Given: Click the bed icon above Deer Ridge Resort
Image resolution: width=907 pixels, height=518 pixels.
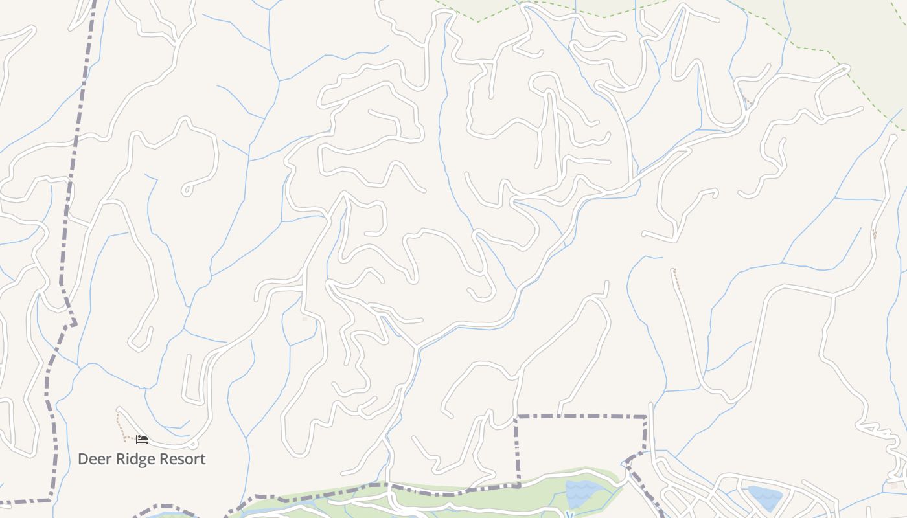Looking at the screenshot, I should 142,440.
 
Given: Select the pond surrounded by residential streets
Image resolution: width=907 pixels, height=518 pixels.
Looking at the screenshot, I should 764,497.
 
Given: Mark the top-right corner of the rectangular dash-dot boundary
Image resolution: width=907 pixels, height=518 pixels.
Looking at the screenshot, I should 646,416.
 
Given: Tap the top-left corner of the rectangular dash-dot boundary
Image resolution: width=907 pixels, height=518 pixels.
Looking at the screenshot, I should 516,417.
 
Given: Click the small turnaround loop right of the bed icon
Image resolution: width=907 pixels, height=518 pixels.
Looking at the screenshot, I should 192,444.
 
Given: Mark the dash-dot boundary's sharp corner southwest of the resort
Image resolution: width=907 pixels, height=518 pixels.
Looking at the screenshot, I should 51,499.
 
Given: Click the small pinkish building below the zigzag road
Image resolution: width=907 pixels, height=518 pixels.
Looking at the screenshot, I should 894,484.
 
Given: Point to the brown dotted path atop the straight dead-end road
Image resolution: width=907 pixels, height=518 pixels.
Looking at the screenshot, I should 676,278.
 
